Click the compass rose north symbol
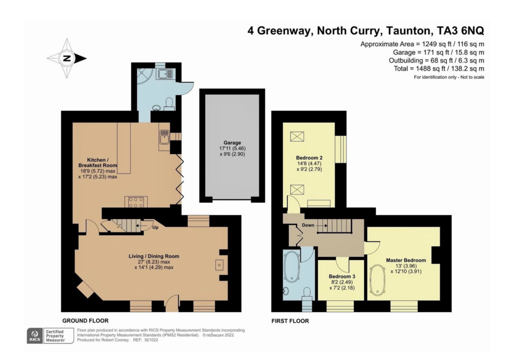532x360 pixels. pos(67,58)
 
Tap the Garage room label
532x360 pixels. pos(232,142)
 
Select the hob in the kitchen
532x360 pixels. pos(136,202)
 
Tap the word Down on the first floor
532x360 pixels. pos(308,225)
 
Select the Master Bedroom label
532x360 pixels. pos(405,260)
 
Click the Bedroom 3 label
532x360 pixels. pos(342,276)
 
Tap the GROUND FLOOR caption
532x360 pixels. pos(85,320)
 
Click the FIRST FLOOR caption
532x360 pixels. pos(290,321)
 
